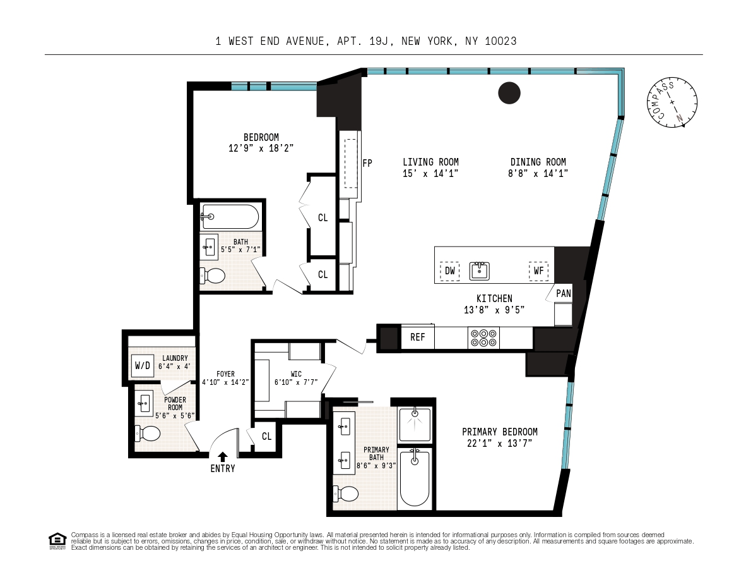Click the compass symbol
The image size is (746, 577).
pyautogui.click(x=672, y=102)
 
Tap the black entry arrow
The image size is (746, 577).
pyautogui.click(x=222, y=457)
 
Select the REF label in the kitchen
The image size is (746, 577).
pyautogui.click(x=417, y=337)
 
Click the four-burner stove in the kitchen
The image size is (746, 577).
pyautogui.click(x=483, y=338)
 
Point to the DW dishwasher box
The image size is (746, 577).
pyautogui.click(x=449, y=271)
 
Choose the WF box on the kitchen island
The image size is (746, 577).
pyautogui.click(x=538, y=271)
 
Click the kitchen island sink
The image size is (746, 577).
pyautogui.click(x=480, y=270)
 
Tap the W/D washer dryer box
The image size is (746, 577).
pyautogui.click(x=142, y=365)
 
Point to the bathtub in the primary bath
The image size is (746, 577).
pyautogui.click(x=415, y=478)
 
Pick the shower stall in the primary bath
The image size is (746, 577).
pyautogui.click(x=415, y=425)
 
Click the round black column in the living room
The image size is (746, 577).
pyautogui.click(x=509, y=93)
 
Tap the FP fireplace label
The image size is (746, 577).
pyautogui.click(x=367, y=163)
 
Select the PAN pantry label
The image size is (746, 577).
pyautogui.click(x=564, y=293)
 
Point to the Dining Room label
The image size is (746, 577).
pyautogui.click(x=538, y=162)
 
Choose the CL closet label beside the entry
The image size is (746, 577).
pyautogui.click(x=266, y=437)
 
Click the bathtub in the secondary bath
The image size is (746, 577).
pyautogui.click(x=230, y=217)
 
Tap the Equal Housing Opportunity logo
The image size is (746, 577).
pyautogui.click(x=57, y=541)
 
